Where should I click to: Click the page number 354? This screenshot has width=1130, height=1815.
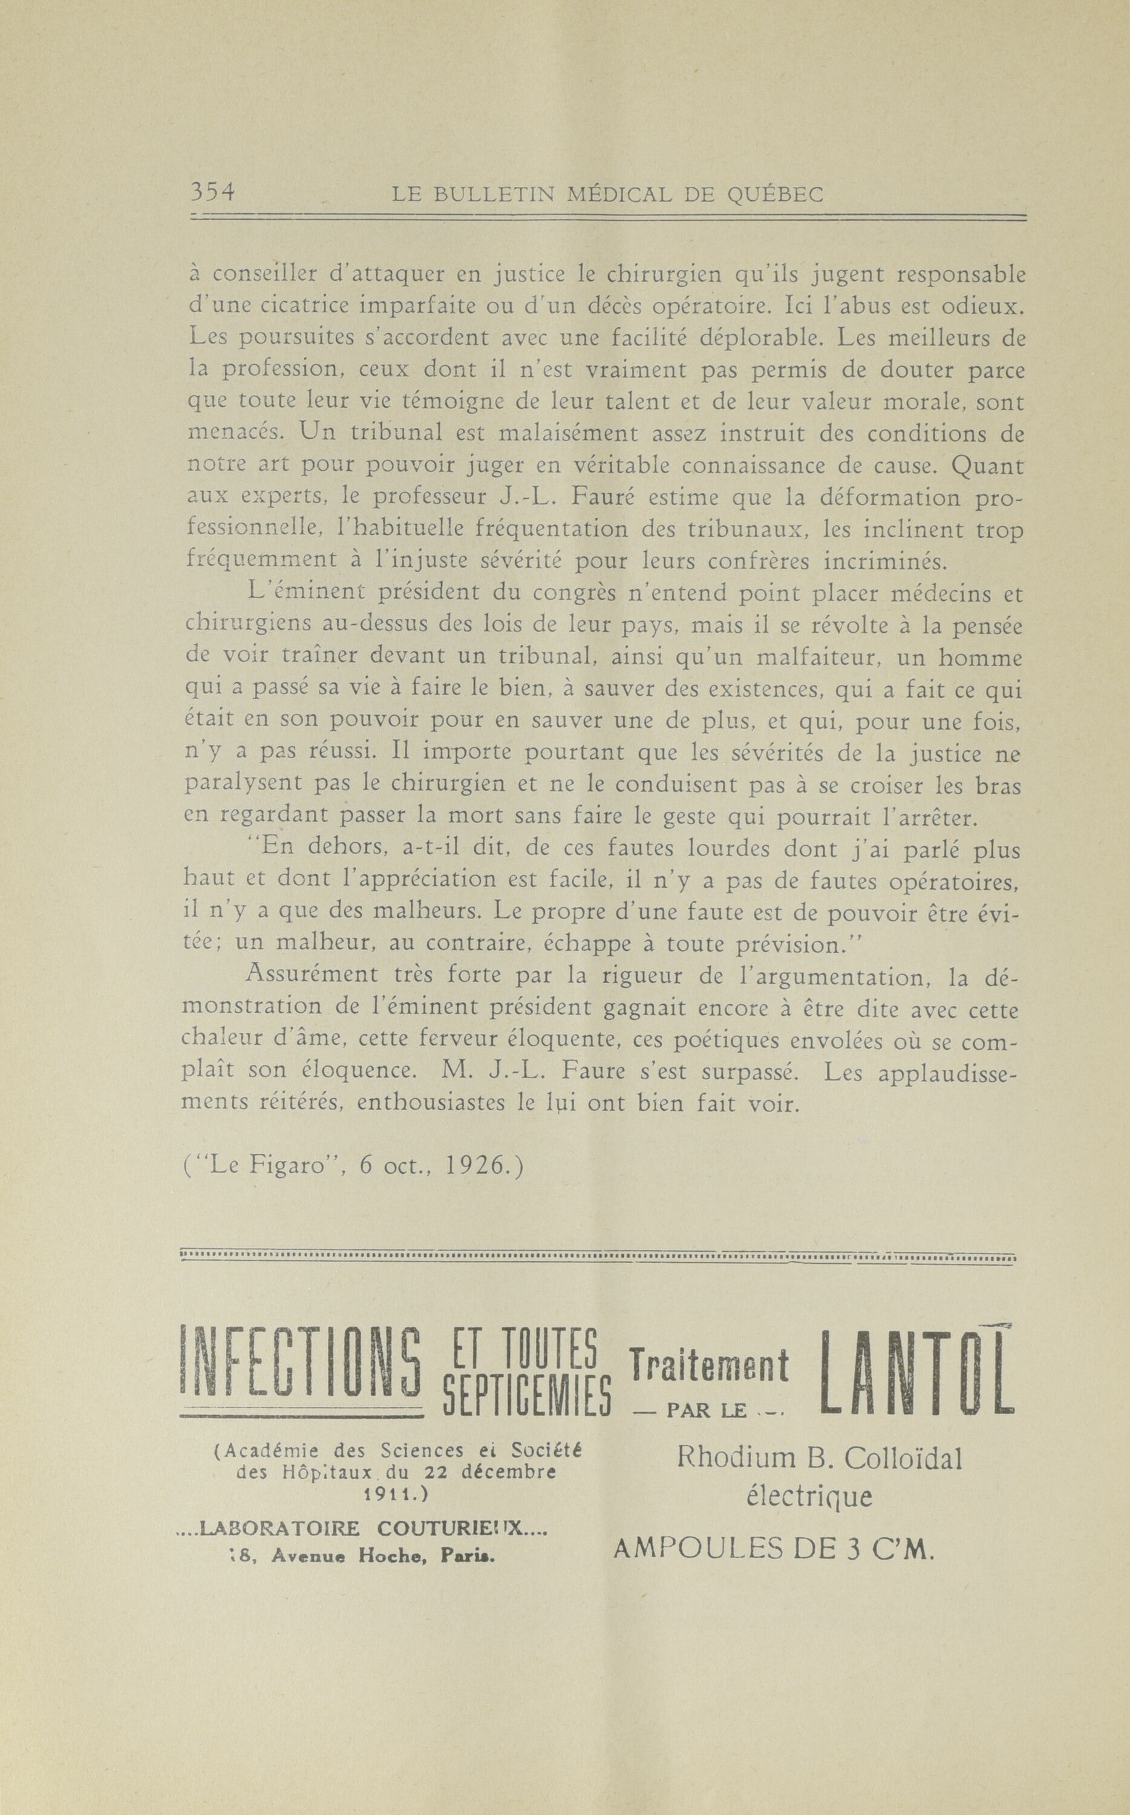coord(213,193)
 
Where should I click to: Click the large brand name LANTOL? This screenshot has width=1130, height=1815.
coord(916,1371)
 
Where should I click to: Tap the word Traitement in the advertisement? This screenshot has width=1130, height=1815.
coord(709,1364)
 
